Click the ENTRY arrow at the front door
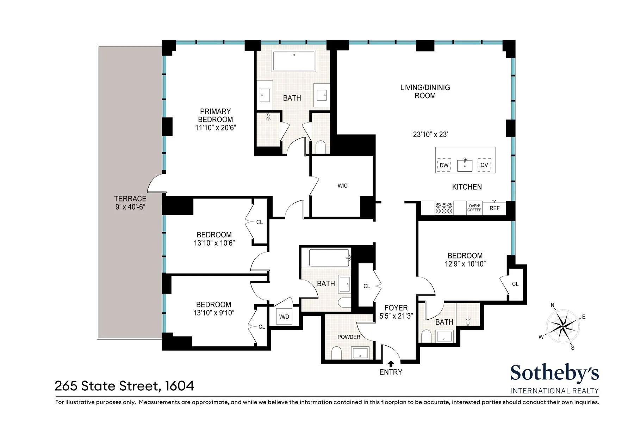391,364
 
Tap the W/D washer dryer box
284,316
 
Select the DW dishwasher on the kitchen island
444,165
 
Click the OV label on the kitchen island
484,165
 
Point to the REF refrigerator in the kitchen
494,208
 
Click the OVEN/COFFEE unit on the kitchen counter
474,208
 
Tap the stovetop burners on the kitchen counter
444,208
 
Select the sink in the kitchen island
465,165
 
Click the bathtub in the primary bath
294,61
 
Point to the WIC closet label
342,186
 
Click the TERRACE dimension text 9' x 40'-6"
130,207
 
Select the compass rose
563,326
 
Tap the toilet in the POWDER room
337,353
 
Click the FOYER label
396,308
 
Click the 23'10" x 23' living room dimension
430,134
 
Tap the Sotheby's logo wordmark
554,373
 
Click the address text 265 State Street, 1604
124,386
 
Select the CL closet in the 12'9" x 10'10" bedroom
515,284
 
